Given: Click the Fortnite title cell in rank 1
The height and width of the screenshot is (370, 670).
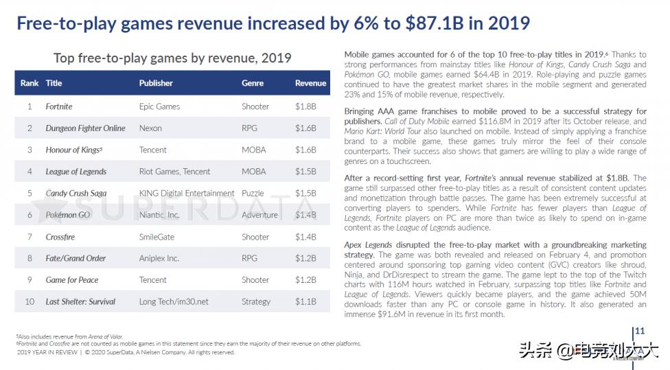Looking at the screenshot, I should coord(59,106).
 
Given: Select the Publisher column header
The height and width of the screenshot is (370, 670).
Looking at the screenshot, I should coord(156,83).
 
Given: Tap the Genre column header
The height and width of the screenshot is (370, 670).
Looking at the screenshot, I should coord(253,83).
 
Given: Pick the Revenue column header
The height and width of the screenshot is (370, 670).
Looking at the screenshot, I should coord(310,83).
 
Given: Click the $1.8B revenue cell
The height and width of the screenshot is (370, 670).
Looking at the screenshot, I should coord(305,106).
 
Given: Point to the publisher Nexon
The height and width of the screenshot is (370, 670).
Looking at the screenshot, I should coord(151,128).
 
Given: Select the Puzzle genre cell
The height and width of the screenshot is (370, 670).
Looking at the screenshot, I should coord(253,193).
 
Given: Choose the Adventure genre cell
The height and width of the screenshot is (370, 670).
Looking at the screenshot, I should coord(259,215).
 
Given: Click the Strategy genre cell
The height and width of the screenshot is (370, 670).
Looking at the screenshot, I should coord(256,301).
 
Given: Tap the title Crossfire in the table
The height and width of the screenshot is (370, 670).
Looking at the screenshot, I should coord(60,237).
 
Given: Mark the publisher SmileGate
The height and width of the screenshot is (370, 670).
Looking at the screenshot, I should coord(157,237).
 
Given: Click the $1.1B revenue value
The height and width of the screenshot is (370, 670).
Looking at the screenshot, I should coord(305,301).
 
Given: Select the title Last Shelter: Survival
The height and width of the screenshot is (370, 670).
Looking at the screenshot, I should coord(80,301).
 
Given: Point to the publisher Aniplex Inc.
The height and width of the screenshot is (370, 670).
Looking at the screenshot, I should coord(159,258).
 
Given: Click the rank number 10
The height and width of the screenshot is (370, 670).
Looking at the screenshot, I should coord(30,301).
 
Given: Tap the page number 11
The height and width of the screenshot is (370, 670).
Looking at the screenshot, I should coord(640,331).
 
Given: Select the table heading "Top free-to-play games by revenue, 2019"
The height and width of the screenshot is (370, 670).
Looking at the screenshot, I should coord(172,58).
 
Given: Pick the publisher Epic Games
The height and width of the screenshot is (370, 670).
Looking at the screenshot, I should coord(159,106).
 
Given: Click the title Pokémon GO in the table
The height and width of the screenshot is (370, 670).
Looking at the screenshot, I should coord(68,215).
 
